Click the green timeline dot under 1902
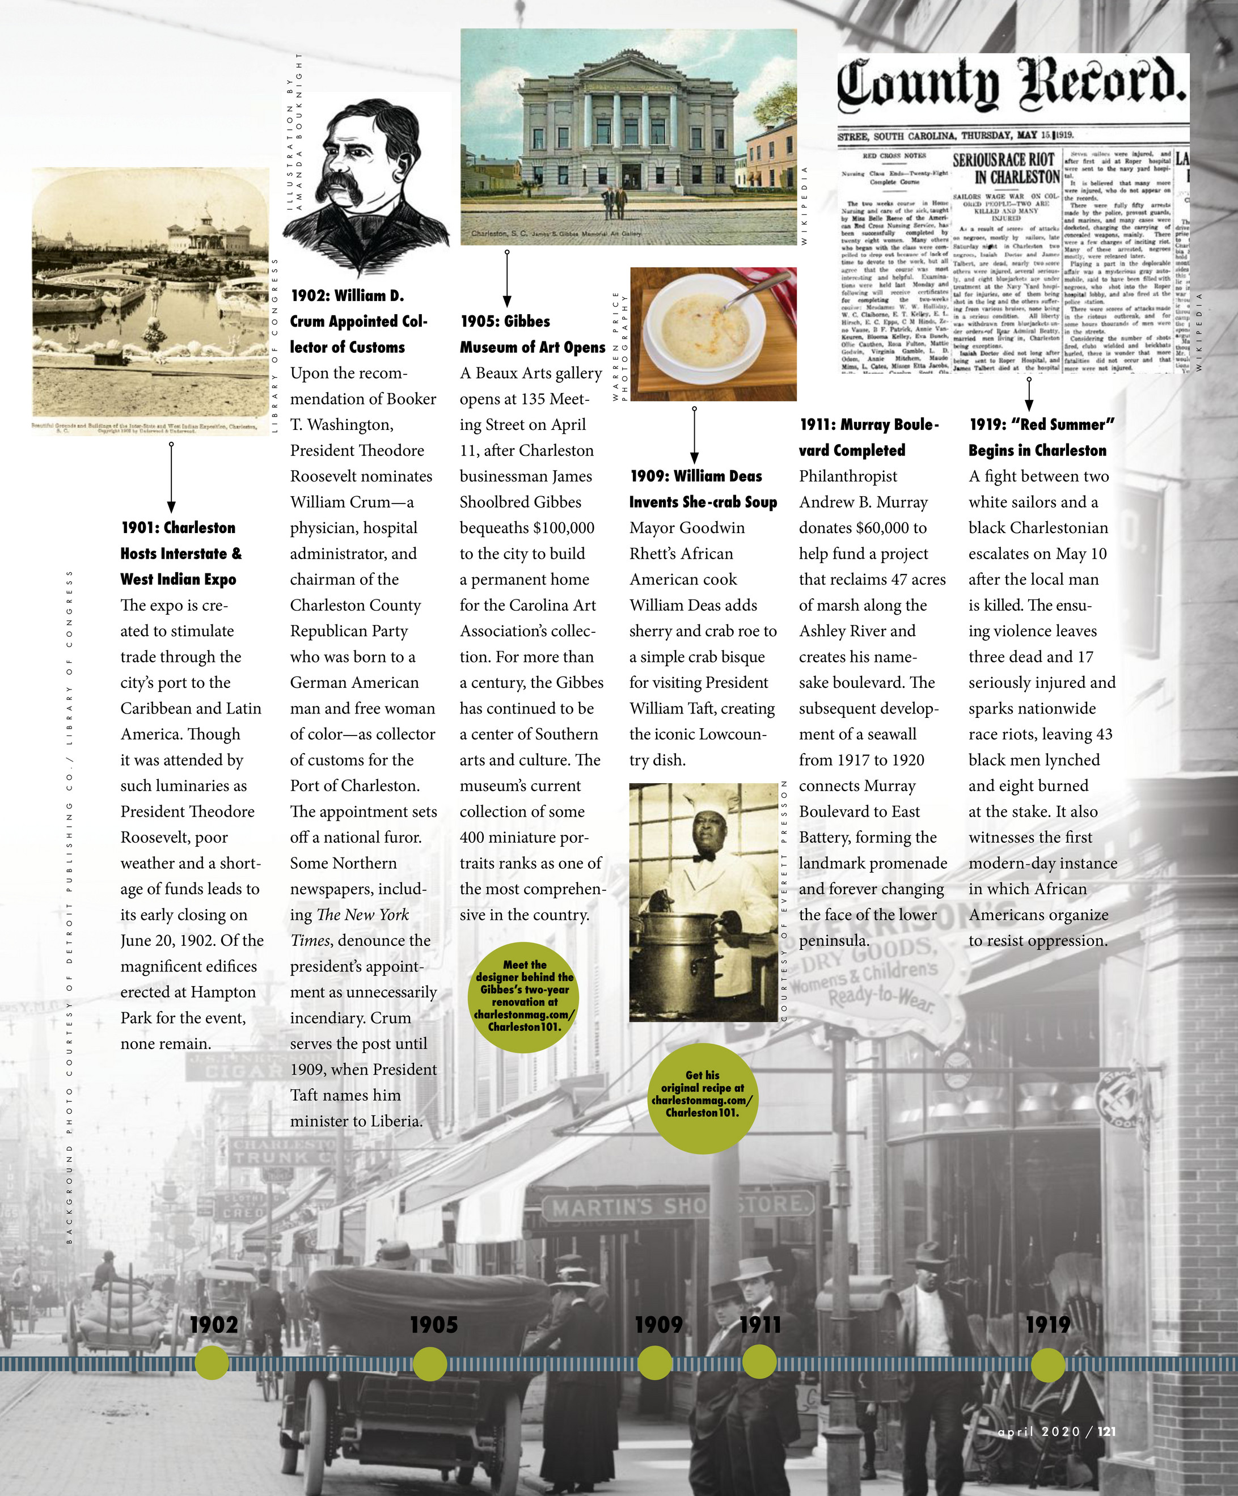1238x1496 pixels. [x=212, y=1363]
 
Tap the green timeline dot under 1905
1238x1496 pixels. [x=429, y=1363]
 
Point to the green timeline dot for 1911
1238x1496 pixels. [x=759, y=1362]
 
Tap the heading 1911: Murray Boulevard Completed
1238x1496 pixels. [x=869, y=437]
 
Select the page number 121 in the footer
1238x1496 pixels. [x=1106, y=1431]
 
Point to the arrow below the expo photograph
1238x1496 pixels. [x=171, y=477]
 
